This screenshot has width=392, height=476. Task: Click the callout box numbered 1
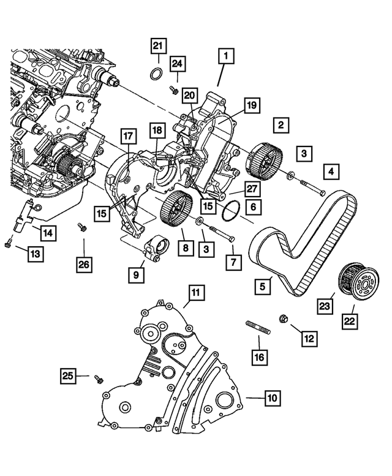point(225,57)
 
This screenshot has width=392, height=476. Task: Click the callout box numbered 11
point(195,293)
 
